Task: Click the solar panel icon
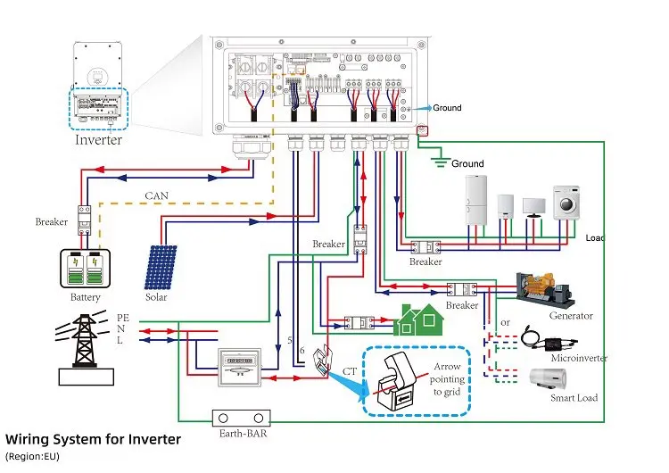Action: pos(161,268)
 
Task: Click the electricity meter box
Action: pos(244,367)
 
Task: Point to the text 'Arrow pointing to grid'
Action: pos(448,379)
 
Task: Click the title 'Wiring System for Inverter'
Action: pos(94,439)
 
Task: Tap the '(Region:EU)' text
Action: pos(32,456)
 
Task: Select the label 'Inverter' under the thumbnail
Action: pos(98,140)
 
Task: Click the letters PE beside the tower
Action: pos(123,317)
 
